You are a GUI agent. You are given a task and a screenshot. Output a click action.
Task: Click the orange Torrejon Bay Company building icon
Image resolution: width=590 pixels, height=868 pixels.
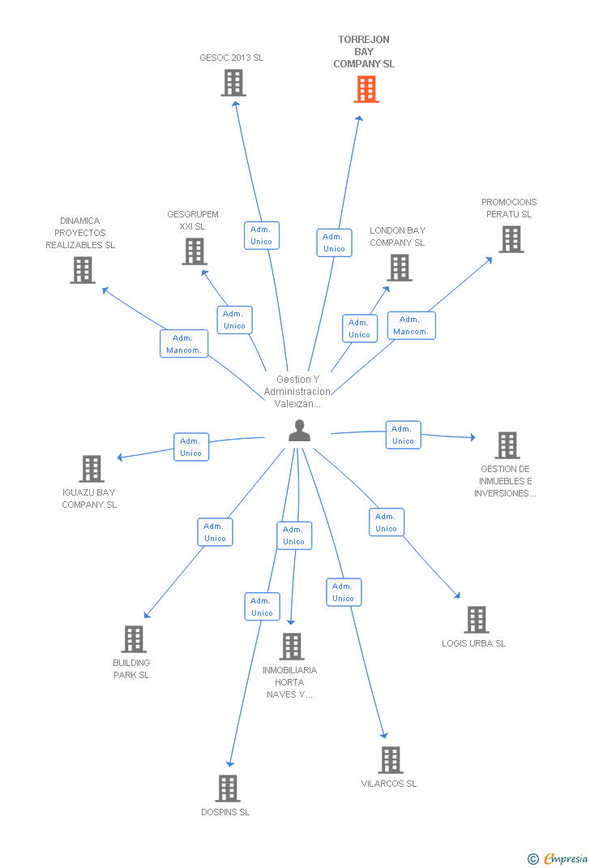coord(366,89)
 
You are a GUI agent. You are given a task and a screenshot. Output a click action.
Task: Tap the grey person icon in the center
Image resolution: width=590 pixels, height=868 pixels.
coord(299,430)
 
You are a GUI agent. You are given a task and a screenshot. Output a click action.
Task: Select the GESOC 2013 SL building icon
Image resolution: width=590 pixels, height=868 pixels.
coord(233,83)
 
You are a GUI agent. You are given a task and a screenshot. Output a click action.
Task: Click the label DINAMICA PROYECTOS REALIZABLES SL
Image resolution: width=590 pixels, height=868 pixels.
coord(80,233)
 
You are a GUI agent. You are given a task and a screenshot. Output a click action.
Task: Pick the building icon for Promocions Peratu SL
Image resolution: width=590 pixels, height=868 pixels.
coord(511,239)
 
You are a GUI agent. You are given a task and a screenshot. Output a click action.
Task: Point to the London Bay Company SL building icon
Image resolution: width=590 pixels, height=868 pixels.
coord(400,268)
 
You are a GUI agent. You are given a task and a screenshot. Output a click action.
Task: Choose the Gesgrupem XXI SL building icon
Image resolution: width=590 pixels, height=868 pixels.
coord(195,251)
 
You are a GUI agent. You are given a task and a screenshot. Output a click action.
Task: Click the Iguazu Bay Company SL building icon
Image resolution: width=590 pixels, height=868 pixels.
coord(92,468)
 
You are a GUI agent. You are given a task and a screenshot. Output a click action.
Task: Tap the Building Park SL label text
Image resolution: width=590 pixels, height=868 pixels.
coord(131,668)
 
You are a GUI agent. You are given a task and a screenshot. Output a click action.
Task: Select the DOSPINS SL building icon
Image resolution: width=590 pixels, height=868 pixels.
coord(228,788)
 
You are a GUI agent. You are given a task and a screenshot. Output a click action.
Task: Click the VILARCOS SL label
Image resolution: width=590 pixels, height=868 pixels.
coord(389,784)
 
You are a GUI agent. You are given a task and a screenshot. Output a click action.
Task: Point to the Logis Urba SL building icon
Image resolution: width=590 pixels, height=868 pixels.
coord(477,620)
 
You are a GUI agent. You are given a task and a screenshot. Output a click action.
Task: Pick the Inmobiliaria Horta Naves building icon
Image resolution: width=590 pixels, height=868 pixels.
coord(292,646)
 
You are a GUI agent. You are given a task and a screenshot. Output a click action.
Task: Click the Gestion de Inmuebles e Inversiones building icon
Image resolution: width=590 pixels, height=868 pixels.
coord(507,445)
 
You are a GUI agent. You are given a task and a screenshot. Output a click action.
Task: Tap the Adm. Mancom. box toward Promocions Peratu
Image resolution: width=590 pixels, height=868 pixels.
coord(412,325)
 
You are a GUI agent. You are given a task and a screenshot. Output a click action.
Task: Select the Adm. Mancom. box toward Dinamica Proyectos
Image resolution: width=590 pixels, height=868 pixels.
coord(184,344)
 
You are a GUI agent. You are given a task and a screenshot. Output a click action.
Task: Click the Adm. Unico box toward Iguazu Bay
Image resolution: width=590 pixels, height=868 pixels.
coord(191,447)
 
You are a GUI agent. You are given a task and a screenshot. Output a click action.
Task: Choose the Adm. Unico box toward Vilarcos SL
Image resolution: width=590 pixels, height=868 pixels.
coord(344,592)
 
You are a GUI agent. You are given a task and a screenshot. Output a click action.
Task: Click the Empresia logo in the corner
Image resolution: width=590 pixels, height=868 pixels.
coord(558,858)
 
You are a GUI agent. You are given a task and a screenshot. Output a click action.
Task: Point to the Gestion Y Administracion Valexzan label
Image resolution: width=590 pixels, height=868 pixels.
coord(297,391)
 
